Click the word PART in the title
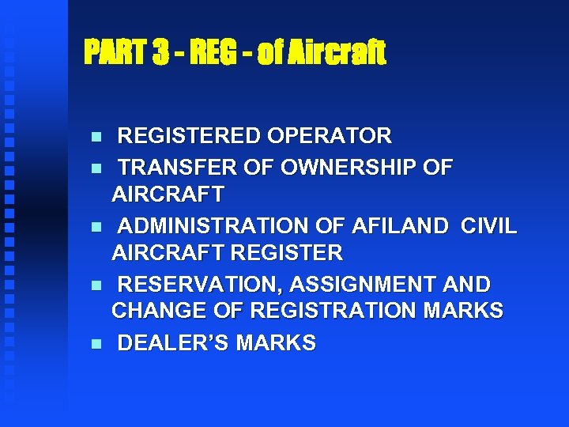click(115, 53)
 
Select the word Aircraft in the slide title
click(344, 53)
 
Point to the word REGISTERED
click(190, 137)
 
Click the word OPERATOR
click(330, 137)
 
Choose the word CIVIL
click(488, 227)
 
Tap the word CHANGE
click(155, 311)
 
